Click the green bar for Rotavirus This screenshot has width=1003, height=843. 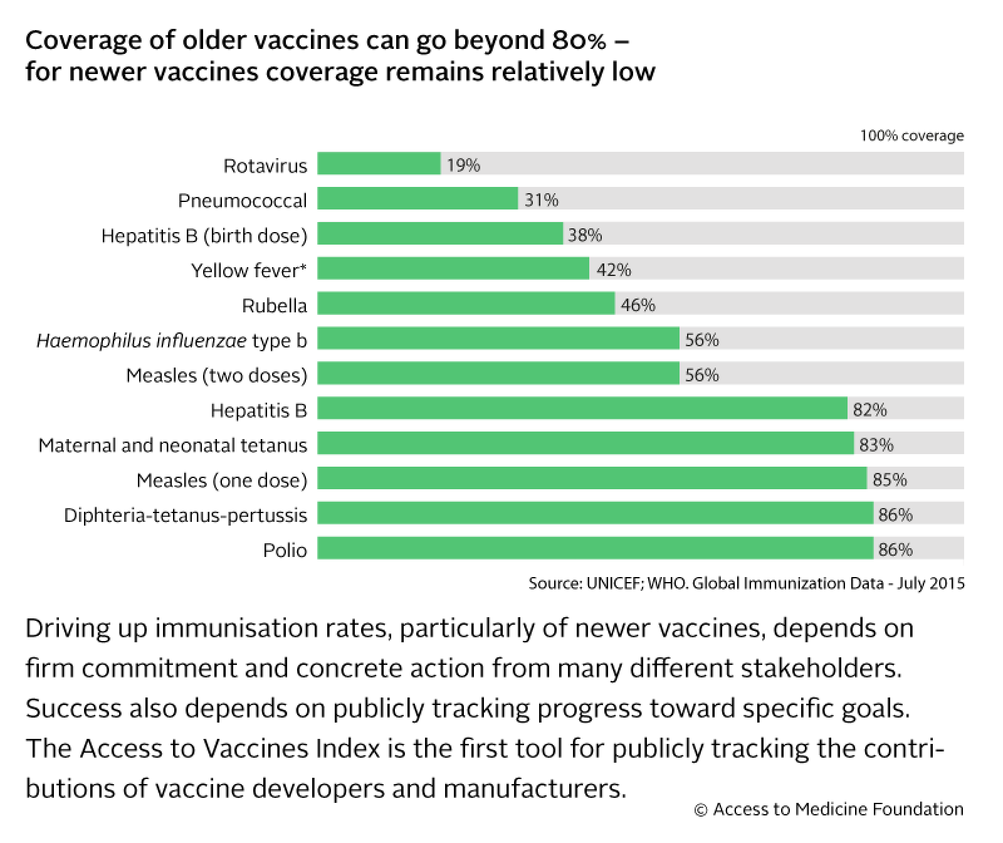[x=379, y=164]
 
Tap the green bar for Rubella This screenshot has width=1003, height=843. [x=466, y=304]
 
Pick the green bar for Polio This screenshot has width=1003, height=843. [x=595, y=549]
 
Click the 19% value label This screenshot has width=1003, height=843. [x=463, y=165]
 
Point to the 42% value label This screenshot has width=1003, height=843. [x=614, y=270]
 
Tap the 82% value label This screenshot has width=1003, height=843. [x=869, y=410]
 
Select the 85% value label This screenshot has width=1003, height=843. [x=890, y=480]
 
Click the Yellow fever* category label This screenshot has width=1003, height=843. [x=249, y=270]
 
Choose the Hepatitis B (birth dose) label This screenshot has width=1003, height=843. [x=204, y=235]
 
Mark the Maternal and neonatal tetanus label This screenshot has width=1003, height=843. [x=172, y=445]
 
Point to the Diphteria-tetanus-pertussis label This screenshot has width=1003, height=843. [x=186, y=516]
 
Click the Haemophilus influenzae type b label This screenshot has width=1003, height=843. [x=172, y=341]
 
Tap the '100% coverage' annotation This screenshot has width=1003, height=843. [x=911, y=135]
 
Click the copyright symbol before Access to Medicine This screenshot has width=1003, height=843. [x=701, y=810]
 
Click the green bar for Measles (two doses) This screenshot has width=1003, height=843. [x=498, y=374]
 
